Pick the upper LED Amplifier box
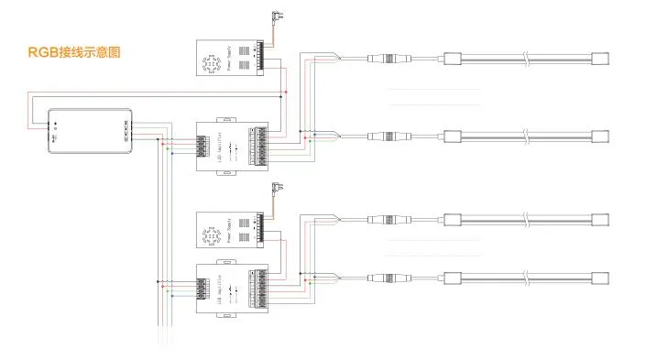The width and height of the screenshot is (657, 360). [x=232, y=145]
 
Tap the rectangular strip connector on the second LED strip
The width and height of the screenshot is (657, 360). [x=453, y=138]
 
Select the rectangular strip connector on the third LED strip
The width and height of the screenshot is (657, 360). [x=453, y=220]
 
